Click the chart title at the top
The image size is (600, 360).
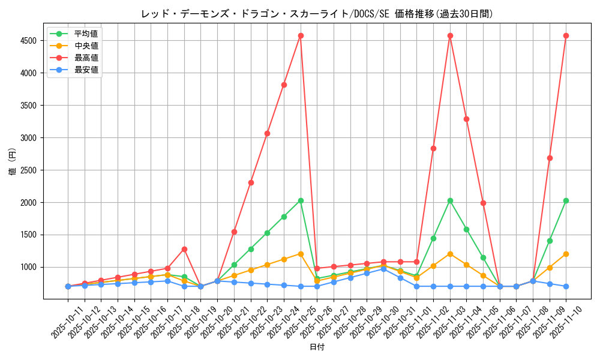317,14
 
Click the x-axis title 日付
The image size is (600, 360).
317,347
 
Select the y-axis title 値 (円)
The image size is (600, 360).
13,162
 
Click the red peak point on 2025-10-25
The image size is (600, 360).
301,35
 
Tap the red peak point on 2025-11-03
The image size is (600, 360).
450,35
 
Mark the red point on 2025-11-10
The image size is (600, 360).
566,35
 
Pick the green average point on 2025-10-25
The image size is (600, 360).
301,200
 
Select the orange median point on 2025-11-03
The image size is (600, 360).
450,254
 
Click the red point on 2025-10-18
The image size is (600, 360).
184,249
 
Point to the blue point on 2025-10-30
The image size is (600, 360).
383,269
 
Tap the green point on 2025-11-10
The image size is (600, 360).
566,200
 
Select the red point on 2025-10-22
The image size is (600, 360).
251,182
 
